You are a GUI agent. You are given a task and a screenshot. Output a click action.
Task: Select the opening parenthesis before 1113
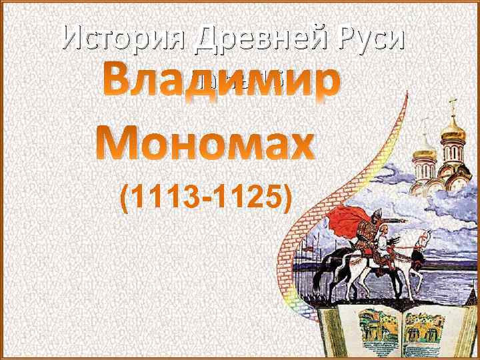125,197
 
